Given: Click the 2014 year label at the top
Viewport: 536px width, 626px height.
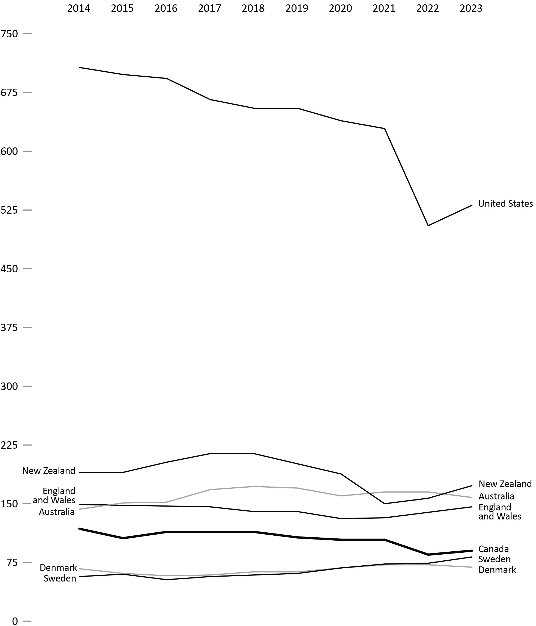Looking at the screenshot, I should pos(79,9).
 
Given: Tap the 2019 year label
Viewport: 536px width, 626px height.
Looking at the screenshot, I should pos(297,9).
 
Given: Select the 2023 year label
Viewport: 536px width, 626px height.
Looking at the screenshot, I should pos(471,9).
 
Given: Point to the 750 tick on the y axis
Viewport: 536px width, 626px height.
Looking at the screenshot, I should pos(9,33).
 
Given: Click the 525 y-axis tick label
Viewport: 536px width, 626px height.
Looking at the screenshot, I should pos(9,210).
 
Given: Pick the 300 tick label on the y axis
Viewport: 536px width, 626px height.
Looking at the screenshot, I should pos(9,386).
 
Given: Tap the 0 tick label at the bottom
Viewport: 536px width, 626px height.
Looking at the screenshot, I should pos(15,621).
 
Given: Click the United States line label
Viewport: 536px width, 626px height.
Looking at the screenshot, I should pos(505,204).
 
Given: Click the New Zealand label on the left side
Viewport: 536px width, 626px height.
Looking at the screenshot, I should pos(49,471).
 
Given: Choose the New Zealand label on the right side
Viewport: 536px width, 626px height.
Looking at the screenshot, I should pos(505,484).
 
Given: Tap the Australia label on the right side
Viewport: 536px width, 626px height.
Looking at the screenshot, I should pos(496,496).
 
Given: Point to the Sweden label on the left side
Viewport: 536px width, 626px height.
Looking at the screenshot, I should pos(60,578).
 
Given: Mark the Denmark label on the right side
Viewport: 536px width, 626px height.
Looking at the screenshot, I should pos(497,570).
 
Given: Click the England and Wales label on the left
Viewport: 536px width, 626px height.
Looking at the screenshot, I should pos(54,496).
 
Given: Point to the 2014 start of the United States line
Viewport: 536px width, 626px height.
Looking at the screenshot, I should pos(79,67).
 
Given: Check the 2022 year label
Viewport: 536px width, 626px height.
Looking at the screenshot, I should pos(427,9).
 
